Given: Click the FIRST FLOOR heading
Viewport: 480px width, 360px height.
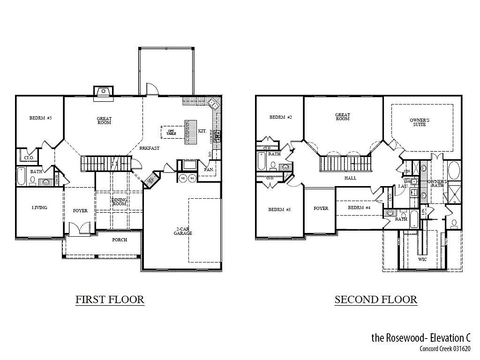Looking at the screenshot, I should pos(110,300).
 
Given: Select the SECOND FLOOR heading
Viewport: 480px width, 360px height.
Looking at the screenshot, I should pos(375,300).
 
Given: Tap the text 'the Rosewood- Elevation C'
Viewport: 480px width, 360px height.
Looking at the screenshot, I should pos(420,337).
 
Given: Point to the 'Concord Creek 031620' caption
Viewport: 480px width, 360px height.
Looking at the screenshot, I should pos(445,349).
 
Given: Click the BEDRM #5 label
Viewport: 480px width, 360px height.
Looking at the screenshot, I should pos(40,118).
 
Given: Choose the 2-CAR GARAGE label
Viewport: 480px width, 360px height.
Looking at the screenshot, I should pos(184,231).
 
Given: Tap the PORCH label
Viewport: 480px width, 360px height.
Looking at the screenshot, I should pos(120,240).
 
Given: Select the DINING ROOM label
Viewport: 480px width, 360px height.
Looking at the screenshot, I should pos(119,202).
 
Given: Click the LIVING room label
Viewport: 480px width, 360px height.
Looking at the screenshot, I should pos(39,208).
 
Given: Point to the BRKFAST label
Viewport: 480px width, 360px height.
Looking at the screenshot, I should pos(149,148).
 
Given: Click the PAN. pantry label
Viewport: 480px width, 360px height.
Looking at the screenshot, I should pos(209,169).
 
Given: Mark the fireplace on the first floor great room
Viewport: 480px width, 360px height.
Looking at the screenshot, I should pos(104,93).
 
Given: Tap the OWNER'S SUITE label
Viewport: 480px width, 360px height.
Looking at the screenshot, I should pos(420,122).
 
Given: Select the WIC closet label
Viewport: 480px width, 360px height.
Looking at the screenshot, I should pos(422,259).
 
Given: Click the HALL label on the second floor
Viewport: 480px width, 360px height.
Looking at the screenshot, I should pos(350,178).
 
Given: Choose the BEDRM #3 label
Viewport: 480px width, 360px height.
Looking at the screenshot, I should pos(280,210).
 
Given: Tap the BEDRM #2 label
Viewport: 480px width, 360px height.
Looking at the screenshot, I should pos(281,117).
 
